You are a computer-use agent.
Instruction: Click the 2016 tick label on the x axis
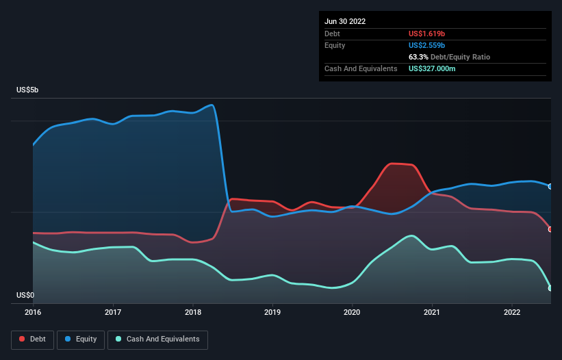[x=33, y=312]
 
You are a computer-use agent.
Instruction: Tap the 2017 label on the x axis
[x=113, y=312]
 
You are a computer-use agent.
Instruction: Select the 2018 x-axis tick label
[x=193, y=312]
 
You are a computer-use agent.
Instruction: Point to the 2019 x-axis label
[x=272, y=312]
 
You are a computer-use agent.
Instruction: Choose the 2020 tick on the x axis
[x=352, y=312]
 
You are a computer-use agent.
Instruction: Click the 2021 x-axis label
[x=432, y=312]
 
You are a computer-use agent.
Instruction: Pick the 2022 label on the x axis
[x=512, y=312]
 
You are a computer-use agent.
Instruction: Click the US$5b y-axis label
[x=27, y=90]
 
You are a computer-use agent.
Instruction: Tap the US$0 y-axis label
[x=25, y=295]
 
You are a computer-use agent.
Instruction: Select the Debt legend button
[x=33, y=339]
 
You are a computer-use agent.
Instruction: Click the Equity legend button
[x=81, y=339]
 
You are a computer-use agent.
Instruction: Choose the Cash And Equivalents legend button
[x=157, y=339]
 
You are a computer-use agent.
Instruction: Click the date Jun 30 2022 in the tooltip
[x=345, y=21]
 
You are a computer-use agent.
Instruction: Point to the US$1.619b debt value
[x=426, y=34]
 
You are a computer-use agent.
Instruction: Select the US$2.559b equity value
[x=426, y=45]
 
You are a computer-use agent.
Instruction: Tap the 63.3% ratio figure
[x=418, y=57]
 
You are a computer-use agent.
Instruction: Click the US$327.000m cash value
[x=432, y=68]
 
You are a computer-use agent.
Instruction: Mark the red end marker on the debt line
[x=550, y=229]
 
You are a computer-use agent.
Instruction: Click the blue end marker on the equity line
[x=550, y=187]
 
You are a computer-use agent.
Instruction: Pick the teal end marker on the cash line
[x=550, y=288]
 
